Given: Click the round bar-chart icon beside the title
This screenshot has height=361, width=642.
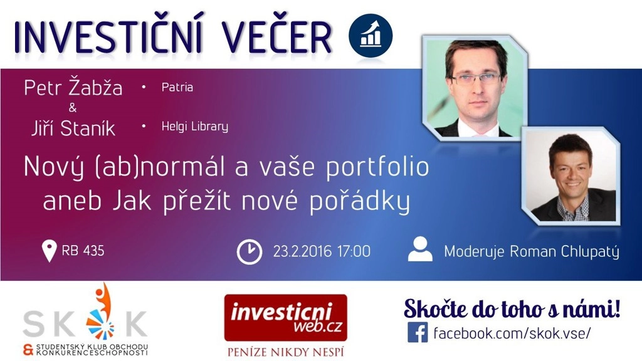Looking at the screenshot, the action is (x=371, y=36).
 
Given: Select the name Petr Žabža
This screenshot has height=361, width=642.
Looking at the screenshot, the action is (x=73, y=87).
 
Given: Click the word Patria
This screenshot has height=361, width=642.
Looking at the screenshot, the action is (x=177, y=87).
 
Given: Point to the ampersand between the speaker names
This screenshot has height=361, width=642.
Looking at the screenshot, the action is (x=73, y=108).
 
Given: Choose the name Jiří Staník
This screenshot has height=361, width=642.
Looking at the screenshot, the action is (x=73, y=128).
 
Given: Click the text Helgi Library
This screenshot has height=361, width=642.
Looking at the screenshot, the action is (x=195, y=126).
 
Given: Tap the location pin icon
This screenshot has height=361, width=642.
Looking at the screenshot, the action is (x=49, y=251).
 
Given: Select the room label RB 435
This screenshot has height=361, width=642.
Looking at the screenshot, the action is (x=83, y=251).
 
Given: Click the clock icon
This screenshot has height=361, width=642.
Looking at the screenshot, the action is (x=250, y=252).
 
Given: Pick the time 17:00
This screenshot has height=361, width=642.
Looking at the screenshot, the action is (x=354, y=251).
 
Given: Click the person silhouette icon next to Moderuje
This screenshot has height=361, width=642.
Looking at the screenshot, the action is (x=421, y=249).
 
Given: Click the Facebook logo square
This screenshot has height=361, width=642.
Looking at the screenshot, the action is (x=418, y=332).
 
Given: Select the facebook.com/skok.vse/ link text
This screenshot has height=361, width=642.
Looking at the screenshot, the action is (x=512, y=333).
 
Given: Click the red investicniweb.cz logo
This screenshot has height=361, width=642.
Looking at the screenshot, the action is (x=286, y=318).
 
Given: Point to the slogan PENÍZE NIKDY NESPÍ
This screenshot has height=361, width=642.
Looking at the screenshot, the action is (x=285, y=352).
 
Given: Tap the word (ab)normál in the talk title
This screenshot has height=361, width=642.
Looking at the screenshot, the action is (x=160, y=167).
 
